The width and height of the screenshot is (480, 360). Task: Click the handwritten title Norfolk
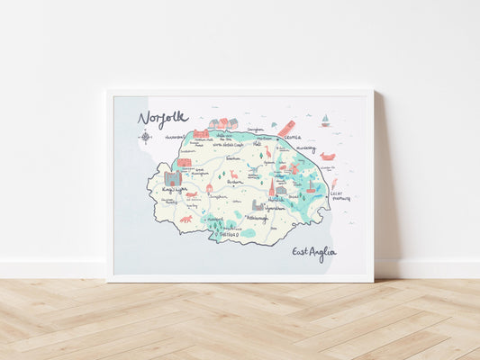tap(163, 119)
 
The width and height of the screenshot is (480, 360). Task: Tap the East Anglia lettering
tap(313, 254)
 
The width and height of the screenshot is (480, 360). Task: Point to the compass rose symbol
tap(145, 138)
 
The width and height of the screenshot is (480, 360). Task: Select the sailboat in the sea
tap(325, 120)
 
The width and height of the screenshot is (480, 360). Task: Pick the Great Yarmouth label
tap(340, 194)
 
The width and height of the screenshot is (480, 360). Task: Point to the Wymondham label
tap(275, 207)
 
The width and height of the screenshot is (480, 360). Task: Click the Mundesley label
tap(306, 148)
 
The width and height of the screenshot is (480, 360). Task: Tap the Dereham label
tap(235, 181)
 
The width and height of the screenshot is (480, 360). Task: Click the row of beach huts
tap(223, 123)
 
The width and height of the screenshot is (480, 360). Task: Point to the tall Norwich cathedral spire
tap(272, 186)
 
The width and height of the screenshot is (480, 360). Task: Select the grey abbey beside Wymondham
tap(258, 205)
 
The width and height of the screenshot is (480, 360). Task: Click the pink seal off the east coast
tap(327, 157)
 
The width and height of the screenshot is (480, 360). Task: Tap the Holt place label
tap(258, 144)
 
